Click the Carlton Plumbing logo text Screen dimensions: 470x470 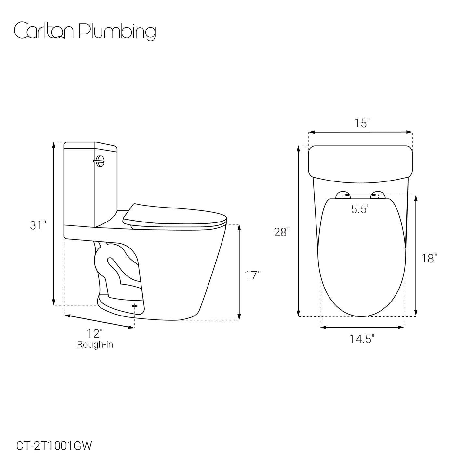pyautogui.click(x=85, y=31)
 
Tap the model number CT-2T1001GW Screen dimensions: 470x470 pyautogui.click(x=54, y=446)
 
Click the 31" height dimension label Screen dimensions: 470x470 pyautogui.click(x=38, y=225)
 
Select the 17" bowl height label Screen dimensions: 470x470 pyautogui.click(x=252, y=275)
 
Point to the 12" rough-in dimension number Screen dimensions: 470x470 pyautogui.click(x=95, y=333)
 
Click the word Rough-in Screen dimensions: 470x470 pyautogui.click(x=95, y=344)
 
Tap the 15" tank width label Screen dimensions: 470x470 pyautogui.click(x=362, y=123)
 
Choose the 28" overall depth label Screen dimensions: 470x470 pyautogui.click(x=282, y=232)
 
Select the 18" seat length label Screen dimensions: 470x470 pyautogui.click(x=429, y=259)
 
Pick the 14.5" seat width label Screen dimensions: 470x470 pyautogui.click(x=362, y=339)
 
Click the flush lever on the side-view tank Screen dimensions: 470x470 pyautogui.click(x=100, y=161)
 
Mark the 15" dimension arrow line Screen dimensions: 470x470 pyautogui.click(x=360, y=132)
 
